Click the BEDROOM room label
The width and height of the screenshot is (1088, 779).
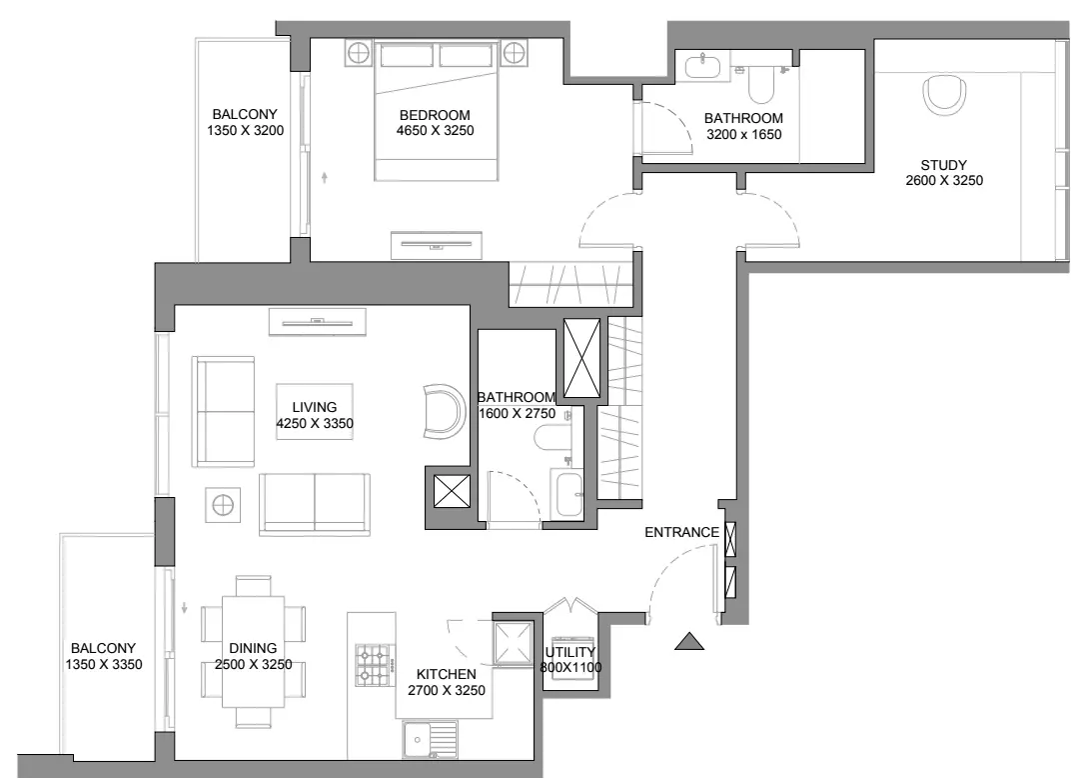pyautogui.click(x=435, y=115)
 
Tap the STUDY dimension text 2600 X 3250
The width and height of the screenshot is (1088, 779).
pyautogui.click(x=944, y=181)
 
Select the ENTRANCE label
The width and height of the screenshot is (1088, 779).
pyautogui.click(x=682, y=533)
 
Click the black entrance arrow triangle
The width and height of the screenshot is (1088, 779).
pyautogui.click(x=689, y=642)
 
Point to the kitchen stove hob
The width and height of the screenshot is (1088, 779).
pyautogui.click(x=373, y=665)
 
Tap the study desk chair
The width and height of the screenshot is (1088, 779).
pyautogui.click(x=944, y=96)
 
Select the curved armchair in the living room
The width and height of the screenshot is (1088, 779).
pyautogui.click(x=445, y=412)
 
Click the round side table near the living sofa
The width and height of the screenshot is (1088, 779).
pyautogui.click(x=224, y=505)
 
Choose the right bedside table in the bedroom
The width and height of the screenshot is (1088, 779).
pyautogui.click(x=515, y=53)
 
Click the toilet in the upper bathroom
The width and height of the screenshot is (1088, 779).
pyautogui.click(x=761, y=84)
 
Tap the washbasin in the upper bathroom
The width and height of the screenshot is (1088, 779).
pyautogui.click(x=703, y=67)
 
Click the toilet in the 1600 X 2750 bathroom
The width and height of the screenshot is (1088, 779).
pyautogui.click(x=552, y=437)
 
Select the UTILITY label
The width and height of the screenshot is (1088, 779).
pyautogui.click(x=570, y=652)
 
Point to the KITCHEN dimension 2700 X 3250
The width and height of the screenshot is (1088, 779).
pyautogui.click(x=447, y=690)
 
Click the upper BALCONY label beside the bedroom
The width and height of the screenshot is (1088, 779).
pyautogui.click(x=245, y=114)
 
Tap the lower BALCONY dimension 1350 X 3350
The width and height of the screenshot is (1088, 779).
pyautogui.click(x=104, y=664)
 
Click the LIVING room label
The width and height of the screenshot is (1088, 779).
pyautogui.click(x=315, y=408)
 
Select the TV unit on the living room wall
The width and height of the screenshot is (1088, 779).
pyautogui.click(x=318, y=321)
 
